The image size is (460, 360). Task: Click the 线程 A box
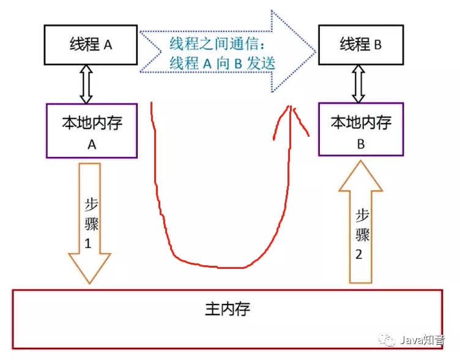[91, 45]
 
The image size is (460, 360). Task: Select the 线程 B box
[360, 45]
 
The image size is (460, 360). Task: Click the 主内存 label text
[227, 308]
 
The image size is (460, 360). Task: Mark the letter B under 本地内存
[360, 144]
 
